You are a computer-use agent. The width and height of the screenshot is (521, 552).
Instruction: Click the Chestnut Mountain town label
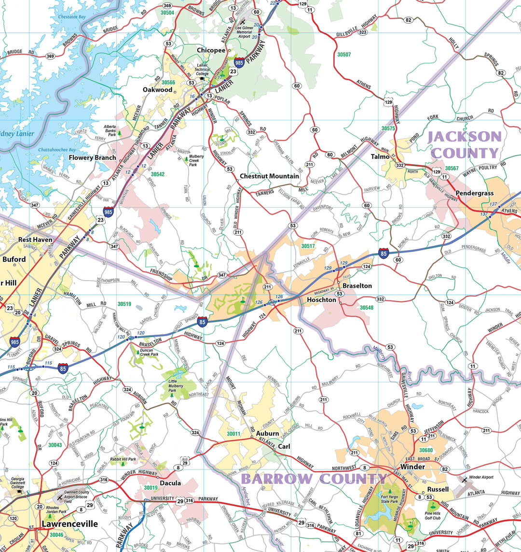point(269,176)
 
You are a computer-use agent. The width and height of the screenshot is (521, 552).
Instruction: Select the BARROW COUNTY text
point(314,479)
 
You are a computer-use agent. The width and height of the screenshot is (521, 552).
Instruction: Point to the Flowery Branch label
point(92,157)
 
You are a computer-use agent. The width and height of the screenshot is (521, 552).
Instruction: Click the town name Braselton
point(357,285)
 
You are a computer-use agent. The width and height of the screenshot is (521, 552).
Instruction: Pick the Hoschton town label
point(321,299)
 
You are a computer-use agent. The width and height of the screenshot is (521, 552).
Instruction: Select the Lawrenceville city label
point(69,524)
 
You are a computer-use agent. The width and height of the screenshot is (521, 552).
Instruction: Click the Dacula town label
point(170,483)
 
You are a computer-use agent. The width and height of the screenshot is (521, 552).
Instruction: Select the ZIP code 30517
point(308,246)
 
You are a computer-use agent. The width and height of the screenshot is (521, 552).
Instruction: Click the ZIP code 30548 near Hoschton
point(366,308)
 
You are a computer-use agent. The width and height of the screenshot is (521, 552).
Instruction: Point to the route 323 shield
point(362,32)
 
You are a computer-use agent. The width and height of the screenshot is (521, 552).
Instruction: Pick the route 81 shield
point(358,533)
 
